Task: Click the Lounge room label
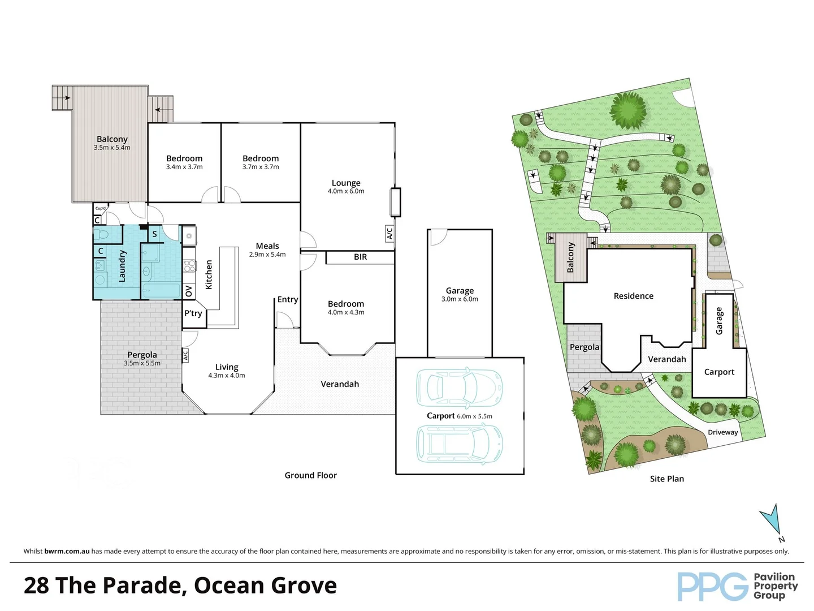tap(346, 183)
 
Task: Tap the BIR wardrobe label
tap(360, 257)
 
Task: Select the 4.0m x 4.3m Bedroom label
tap(346, 304)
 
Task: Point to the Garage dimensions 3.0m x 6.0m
tap(460, 299)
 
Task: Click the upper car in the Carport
tap(459, 388)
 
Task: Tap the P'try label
tap(193, 313)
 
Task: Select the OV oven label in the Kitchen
tap(189, 291)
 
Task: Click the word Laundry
tap(122, 266)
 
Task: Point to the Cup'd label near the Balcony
tap(100, 208)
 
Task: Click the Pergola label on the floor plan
tap(142, 355)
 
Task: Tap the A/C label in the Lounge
tap(389, 233)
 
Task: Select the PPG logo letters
tap(712, 587)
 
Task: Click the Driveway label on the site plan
tap(723, 432)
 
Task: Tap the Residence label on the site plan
tap(633, 296)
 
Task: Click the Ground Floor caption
tap(310, 475)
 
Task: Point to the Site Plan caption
tap(666, 479)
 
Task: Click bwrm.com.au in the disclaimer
tap(67, 551)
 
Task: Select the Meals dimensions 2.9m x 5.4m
tap(267, 255)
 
